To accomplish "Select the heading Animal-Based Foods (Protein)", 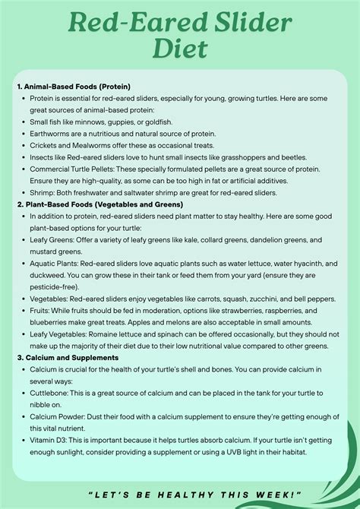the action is pos(73,86).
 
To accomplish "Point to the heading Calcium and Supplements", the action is pos(73,357).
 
